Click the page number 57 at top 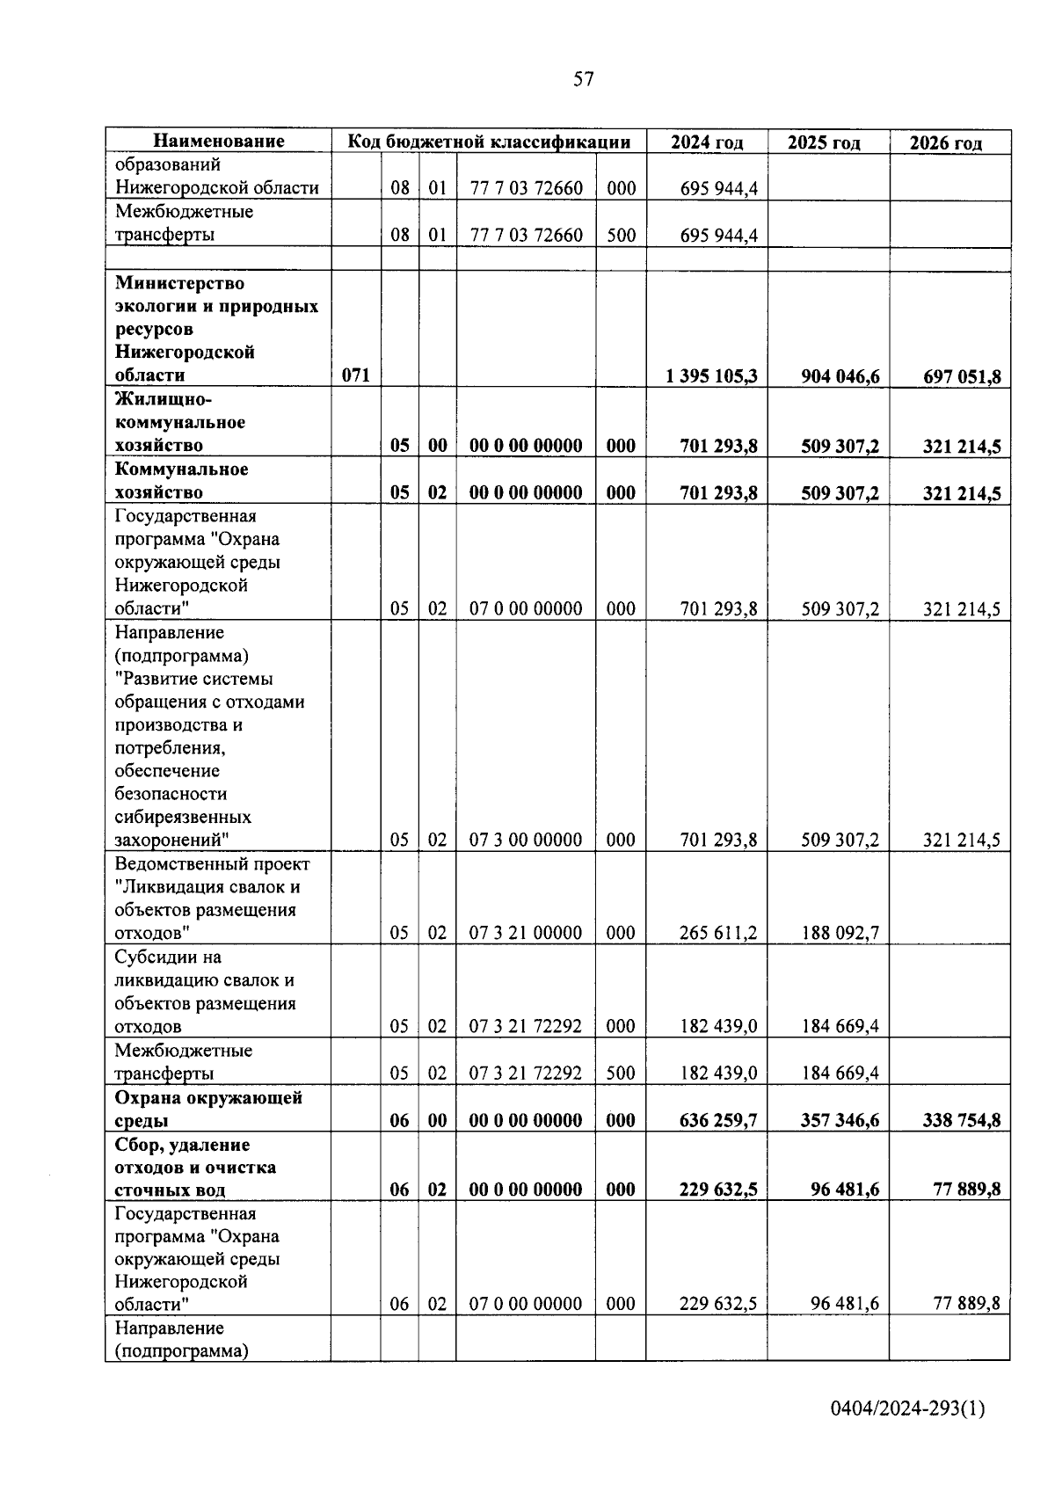tap(583, 80)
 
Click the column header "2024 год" tap(706, 142)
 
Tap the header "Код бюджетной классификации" tap(489, 142)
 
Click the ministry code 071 tap(355, 376)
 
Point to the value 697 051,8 tap(961, 377)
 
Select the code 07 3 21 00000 tap(525, 933)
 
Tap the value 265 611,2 tap(718, 933)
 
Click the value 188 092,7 tap(840, 933)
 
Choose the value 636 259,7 tap(718, 1120)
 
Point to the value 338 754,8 tap(961, 1120)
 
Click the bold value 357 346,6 tap(840, 1120)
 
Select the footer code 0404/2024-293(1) tap(907, 1409)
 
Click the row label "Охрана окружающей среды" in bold tap(208, 1109)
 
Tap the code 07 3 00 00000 tap(525, 840)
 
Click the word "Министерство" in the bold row tap(179, 283)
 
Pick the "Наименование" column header tap(219, 142)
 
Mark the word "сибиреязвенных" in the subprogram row tap(183, 817)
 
